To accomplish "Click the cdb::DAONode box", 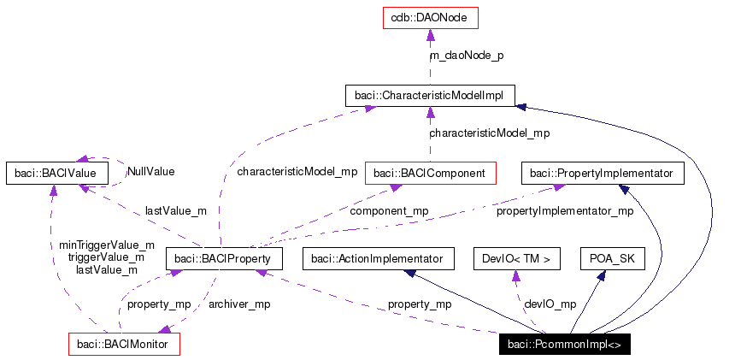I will click(x=430, y=17).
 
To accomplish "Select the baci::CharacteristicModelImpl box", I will click(x=429, y=95).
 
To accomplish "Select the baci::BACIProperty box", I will click(x=222, y=258).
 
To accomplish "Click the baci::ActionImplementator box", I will click(x=376, y=258).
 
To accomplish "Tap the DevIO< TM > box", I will click(x=516, y=258).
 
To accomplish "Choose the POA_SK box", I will click(x=613, y=258).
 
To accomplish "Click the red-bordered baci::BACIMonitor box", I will click(x=124, y=344).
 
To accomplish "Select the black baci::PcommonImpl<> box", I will click(x=565, y=344).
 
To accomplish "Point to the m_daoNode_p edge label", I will click(x=468, y=56).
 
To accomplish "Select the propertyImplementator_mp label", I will click(x=565, y=210).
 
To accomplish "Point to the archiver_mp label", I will click(x=239, y=304).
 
